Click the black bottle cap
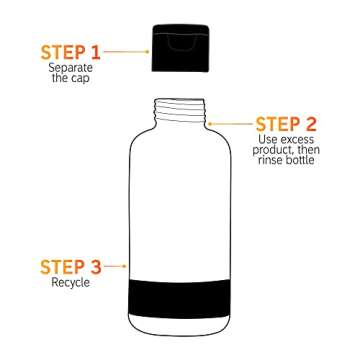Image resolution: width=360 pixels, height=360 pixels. (x=179, y=48)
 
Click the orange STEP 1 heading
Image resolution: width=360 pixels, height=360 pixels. (x=70, y=51)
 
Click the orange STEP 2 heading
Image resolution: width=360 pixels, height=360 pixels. (x=286, y=125)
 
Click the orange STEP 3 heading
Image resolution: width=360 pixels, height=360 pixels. (x=70, y=267)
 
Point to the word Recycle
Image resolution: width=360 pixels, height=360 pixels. (x=70, y=283)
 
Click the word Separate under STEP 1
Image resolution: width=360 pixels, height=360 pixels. (x=70, y=67)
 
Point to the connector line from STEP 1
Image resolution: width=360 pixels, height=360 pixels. (x=126, y=51)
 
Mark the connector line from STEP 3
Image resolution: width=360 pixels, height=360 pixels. (x=121, y=267)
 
